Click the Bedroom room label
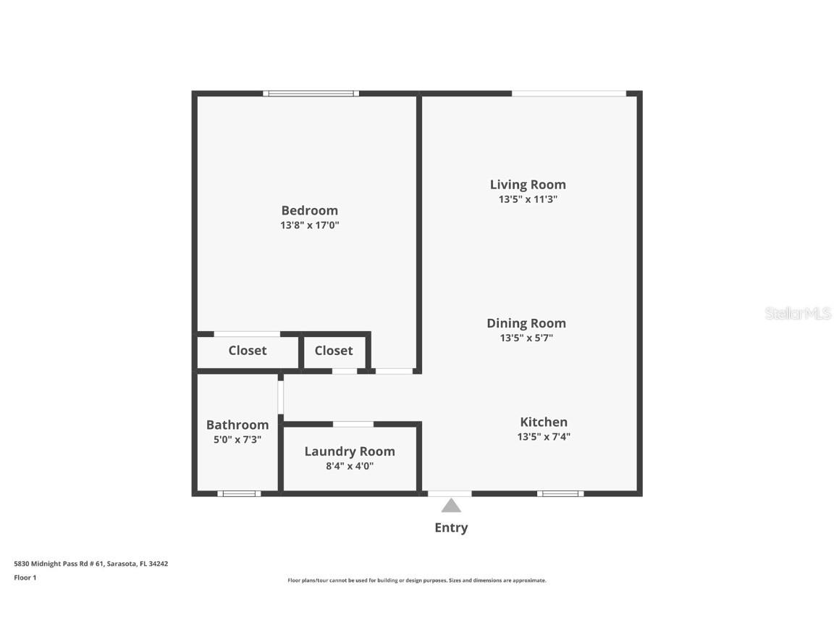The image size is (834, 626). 309,210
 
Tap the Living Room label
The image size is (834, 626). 528,184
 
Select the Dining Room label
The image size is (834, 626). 526,323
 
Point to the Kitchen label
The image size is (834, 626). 544,422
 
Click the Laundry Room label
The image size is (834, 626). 350,451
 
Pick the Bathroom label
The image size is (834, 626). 237,425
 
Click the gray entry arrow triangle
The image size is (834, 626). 451,505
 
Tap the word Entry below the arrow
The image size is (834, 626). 451,527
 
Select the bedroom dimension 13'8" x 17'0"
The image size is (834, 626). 310,225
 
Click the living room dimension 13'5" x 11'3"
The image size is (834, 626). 528,199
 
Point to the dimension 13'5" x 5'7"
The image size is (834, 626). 526,338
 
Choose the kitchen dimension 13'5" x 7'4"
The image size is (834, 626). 544,437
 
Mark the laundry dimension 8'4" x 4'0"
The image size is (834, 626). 350,466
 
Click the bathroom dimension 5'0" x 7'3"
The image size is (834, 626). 237,439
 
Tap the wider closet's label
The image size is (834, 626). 248,351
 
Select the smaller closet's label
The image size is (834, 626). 334,351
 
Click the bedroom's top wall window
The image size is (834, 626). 311,93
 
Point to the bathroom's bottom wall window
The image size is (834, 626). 239,493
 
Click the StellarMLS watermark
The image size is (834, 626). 799,314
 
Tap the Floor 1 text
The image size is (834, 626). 25,577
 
